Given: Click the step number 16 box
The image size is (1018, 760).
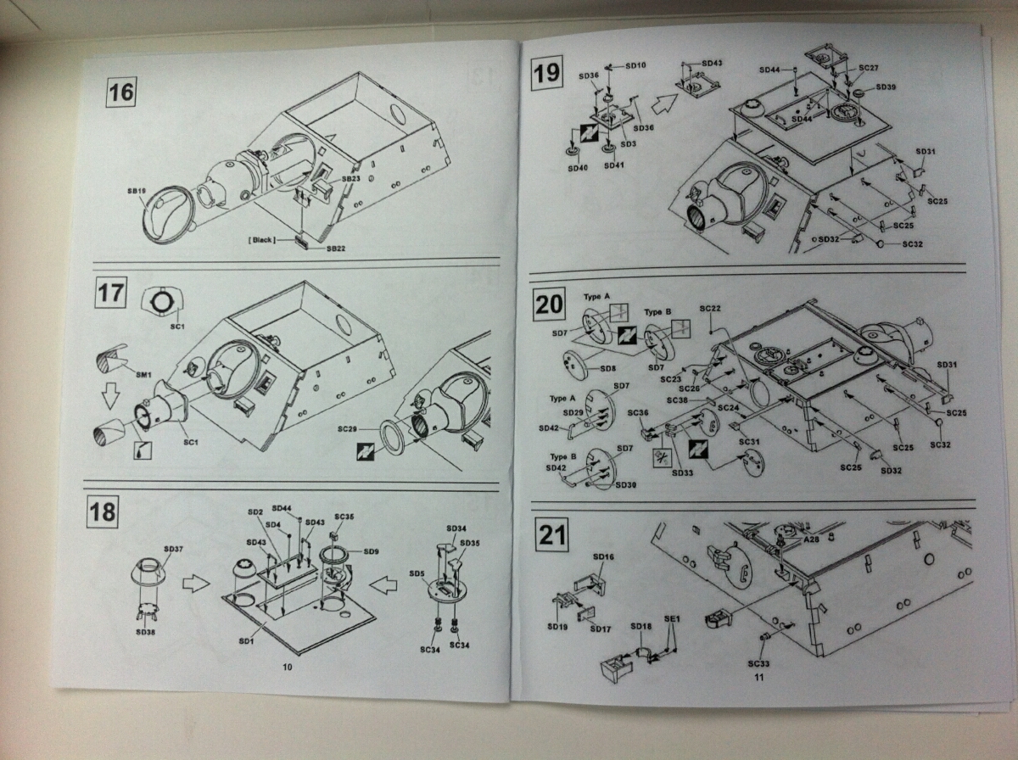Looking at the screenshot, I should [121, 92].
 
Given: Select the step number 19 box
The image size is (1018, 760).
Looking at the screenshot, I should [546, 73].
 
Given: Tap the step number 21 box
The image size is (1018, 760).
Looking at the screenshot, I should [551, 535].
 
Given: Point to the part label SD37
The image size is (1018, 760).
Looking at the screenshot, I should [172, 550].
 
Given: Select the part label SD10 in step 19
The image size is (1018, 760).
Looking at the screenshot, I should [635, 66].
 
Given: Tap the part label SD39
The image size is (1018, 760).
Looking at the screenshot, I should [886, 87].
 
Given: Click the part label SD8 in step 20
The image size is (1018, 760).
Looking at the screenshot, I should [607, 369].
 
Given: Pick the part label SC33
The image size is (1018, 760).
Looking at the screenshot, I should [759, 663].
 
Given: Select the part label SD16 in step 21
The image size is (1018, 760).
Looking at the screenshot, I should [602, 556].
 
